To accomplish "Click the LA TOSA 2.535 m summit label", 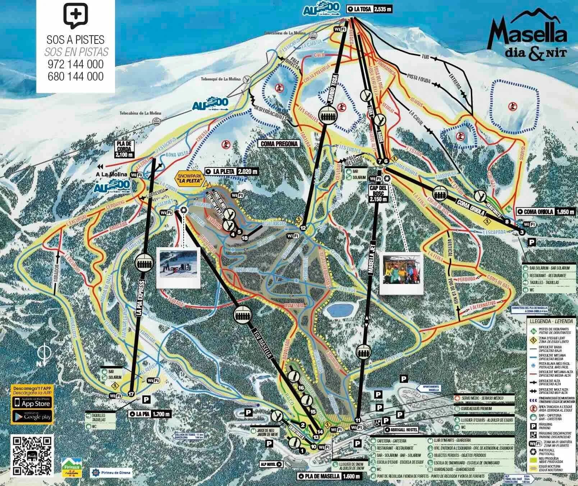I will coord(369,9).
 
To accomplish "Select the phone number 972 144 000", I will coord(75,65).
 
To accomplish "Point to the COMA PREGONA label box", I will coord(279,144).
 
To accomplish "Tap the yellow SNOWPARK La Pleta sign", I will coord(189,178).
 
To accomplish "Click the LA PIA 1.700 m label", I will coord(150,414).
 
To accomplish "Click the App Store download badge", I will coord(32,403).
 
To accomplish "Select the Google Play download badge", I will coord(32,417).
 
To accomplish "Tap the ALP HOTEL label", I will coord(271,464).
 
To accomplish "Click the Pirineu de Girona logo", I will coord(112,472).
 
